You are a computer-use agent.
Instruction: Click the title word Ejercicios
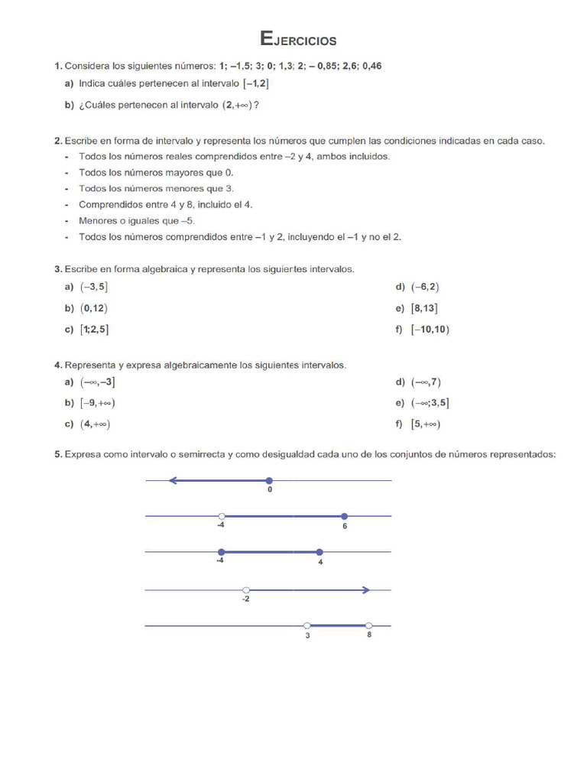click(298, 39)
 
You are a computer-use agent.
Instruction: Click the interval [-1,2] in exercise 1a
click(255, 84)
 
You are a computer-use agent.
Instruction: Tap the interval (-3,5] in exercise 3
click(95, 288)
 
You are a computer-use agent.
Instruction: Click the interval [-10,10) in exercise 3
click(430, 330)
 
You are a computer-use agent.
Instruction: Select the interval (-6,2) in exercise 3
click(425, 288)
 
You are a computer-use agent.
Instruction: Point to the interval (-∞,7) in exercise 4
click(426, 382)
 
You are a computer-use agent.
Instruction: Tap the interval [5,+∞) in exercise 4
click(426, 424)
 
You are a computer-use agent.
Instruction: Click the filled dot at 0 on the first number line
click(268, 481)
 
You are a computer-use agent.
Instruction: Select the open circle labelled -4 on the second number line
click(221, 516)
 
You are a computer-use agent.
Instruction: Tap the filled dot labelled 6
click(345, 516)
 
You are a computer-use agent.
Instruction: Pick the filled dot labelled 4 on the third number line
click(319, 551)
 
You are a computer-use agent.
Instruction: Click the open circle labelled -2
click(245, 590)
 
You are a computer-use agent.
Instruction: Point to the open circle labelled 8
click(368, 625)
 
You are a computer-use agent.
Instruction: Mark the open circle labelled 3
click(307, 625)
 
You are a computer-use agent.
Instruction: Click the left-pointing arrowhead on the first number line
click(174, 481)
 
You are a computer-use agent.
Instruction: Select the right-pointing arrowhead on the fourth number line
click(366, 590)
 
